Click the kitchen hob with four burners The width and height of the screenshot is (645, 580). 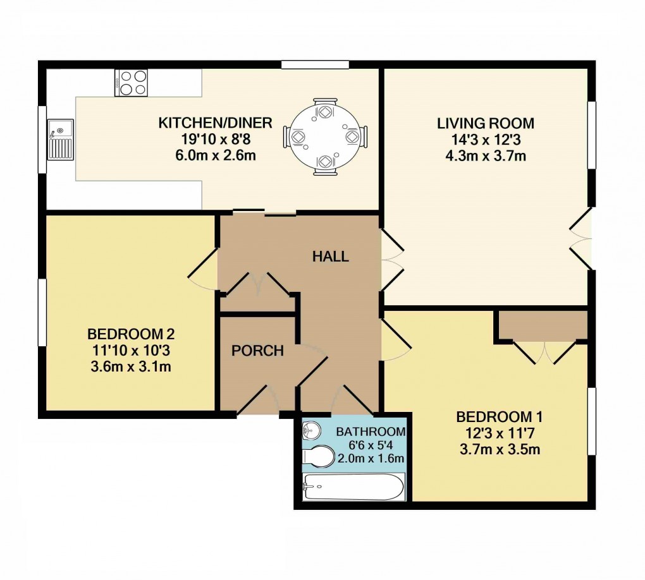pyautogui.click(x=132, y=83)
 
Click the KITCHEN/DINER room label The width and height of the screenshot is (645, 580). pyautogui.click(x=215, y=123)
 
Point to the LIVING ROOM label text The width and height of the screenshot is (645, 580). pyautogui.click(x=486, y=123)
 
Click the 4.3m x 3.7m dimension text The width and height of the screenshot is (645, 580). pyautogui.click(x=486, y=155)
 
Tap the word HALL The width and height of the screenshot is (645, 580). pyautogui.click(x=331, y=256)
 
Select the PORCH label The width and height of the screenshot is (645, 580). pyautogui.click(x=257, y=351)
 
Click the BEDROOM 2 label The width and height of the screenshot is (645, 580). pyautogui.click(x=130, y=334)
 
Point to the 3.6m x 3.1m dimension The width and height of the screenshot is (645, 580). pyautogui.click(x=130, y=366)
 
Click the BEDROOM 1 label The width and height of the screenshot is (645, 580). pyautogui.click(x=500, y=417)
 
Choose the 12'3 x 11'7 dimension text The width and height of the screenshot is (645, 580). pyautogui.click(x=500, y=433)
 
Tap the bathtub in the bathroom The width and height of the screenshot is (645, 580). pyautogui.click(x=352, y=487)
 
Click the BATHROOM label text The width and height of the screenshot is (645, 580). pyautogui.click(x=370, y=432)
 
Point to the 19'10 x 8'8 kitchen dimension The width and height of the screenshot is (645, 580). pyautogui.click(x=215, y=139)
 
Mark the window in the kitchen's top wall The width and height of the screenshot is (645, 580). pyautogui.click(x=315, y=64)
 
